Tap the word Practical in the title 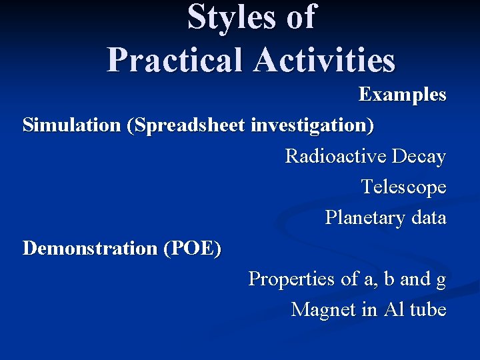pos(175,60)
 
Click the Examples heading pos(402,95)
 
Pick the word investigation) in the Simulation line pos(313,125)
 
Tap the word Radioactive pos(335,157)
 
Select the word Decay pos(419,157)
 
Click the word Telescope pos(403,187)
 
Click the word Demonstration pos(89,249)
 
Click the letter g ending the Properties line pos(441,280)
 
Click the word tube pos(427,310)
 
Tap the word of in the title pos(300,17)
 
